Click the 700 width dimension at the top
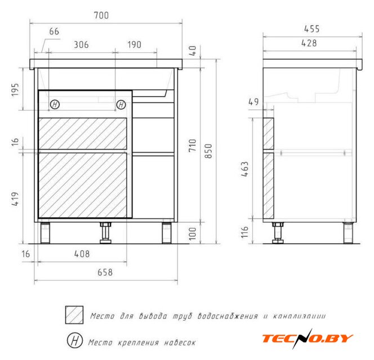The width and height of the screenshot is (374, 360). pyautogui.click(x=101, y=15)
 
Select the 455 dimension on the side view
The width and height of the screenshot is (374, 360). pyautogui.click(x=311, y=29)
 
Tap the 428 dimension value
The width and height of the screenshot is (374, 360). pyautogui.click(x=309, y=43)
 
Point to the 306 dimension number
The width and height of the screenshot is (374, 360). pyautogui.click(x=81, y=44)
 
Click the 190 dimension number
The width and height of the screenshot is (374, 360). pyautogui.click(x=134, y=44)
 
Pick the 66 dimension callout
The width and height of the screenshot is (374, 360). pyautogui.click(x=54, y=31)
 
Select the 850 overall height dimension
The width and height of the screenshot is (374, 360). pyautogui.click(x=208, y=151)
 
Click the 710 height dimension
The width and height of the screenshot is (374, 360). pyautogui.click(x=193, y=145)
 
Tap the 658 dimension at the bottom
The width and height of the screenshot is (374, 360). pyautogui.click(x=105, y=272)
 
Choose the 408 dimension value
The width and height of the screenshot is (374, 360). pyautogui.click(x=82, y=254)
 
